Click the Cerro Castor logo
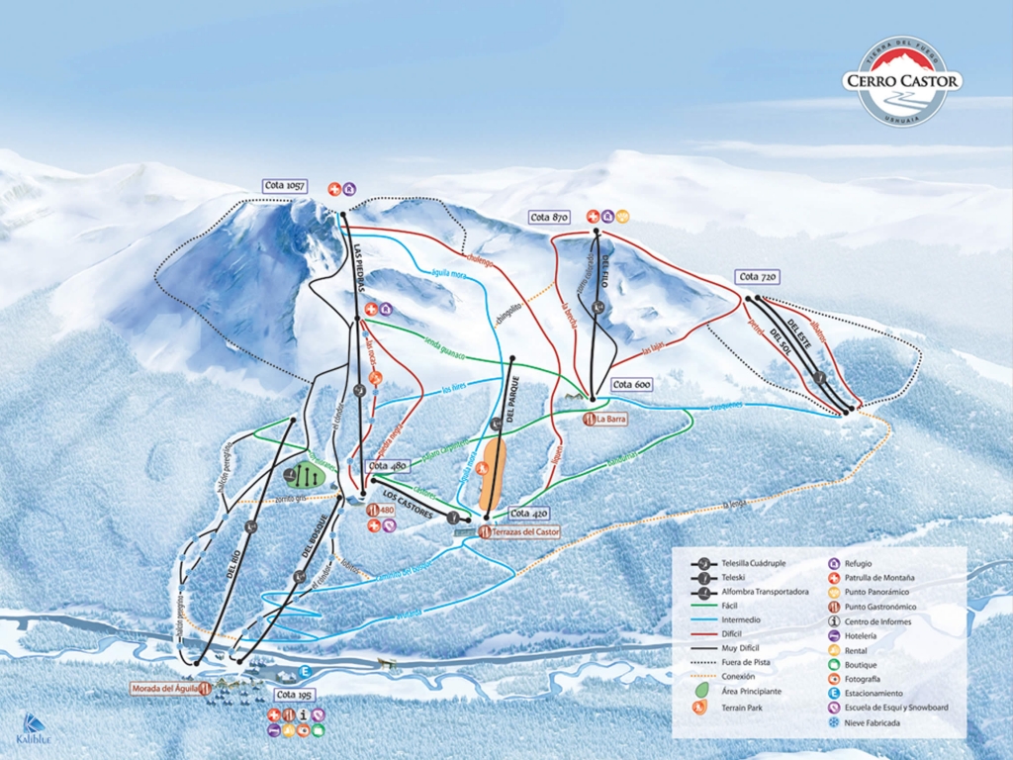901,81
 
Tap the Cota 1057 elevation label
286,186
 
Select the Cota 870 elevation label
550,217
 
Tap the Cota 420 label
528,514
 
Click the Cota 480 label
387,466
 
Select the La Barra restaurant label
611,419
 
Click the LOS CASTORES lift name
408,503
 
